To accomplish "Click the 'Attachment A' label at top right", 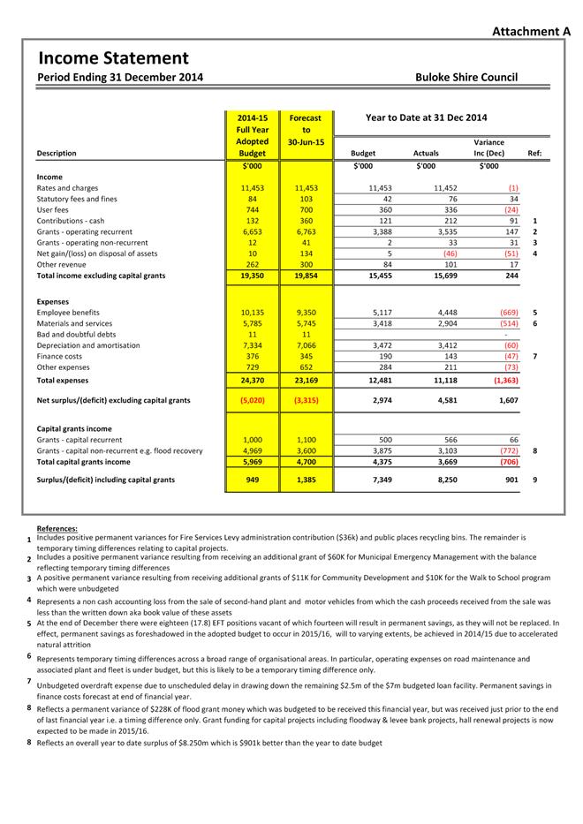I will [x=530, y=31].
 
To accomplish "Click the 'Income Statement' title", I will [x=113, y=58].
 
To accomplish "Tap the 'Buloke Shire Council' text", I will [x=466, y=77].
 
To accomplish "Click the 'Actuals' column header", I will [x=426, y=153].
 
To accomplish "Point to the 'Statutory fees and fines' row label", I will [x=77, y=200].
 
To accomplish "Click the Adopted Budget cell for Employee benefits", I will [x=253, y=313].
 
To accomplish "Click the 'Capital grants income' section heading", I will [x=75, y=428].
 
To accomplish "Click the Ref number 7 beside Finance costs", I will [x=535, y=356].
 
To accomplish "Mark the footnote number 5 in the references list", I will [x=29, y=623].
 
